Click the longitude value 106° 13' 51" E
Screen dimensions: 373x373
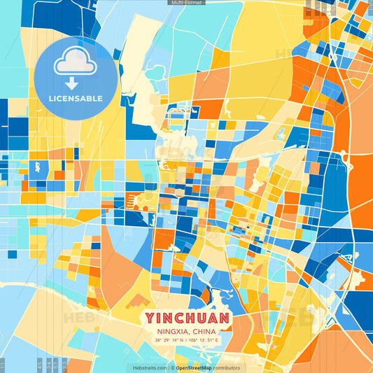(204, 340)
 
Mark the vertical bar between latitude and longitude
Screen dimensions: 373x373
(186, 340)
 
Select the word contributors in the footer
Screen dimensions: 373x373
(226, 367)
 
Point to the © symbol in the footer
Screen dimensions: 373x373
(171, 367)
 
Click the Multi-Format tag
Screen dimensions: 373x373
(186, 3)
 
